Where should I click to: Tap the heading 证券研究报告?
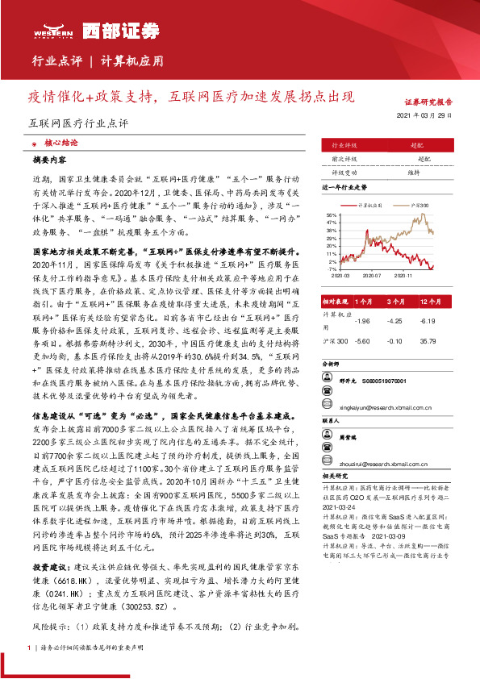click(x=428, y=102)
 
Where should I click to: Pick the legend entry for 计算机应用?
click(x=369, y=206)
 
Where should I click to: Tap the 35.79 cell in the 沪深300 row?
click(x=429, y=341)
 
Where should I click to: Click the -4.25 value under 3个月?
click(x=395, y=320)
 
